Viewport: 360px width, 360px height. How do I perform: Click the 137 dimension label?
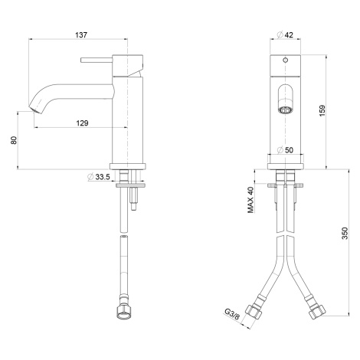(x=81, y=34)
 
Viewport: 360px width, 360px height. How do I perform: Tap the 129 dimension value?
(x=83, y=123)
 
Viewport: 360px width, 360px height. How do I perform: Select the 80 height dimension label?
(x=14, y=140)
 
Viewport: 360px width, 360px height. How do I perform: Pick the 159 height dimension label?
(x=322, y=110)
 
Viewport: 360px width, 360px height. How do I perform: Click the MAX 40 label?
(x=250, y=200)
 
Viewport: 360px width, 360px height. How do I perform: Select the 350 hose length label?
(x=345, y=233)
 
